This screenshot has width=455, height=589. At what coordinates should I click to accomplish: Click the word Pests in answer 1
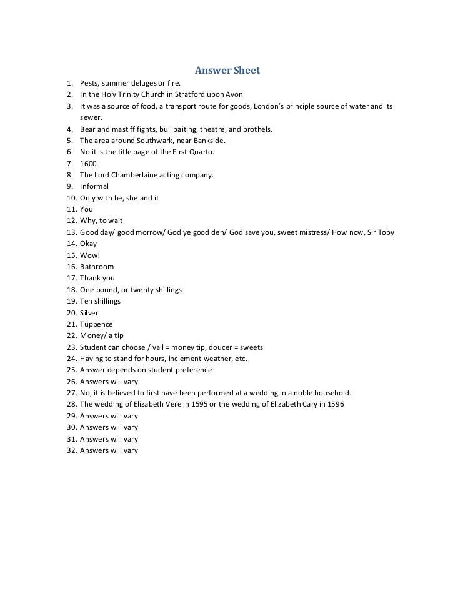pyautogui.click(x=89, y=83)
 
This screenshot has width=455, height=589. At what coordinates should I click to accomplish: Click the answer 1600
pyautogui.click(x=88, y=164)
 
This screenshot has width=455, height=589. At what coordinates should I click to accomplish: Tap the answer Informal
pyautogui.click(x=94, y=186)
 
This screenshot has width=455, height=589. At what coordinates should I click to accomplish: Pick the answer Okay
pyautogui.click(x=89, y=244)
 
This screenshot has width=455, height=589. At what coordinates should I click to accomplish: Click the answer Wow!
pyautogui.click(x=90, y=255)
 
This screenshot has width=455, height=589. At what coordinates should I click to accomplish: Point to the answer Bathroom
pyautogui.click(x=97, y=267)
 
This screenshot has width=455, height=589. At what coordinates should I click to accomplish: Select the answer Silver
pyautogui.click(x=89, y=313)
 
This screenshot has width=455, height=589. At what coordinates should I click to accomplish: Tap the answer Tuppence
pyautogui.click(x=96, y=324)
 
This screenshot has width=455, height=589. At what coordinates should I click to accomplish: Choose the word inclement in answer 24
pyautogui.click(x=182, y=359)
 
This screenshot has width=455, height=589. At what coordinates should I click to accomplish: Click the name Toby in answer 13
pyautogui.click(x=386, y=232)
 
